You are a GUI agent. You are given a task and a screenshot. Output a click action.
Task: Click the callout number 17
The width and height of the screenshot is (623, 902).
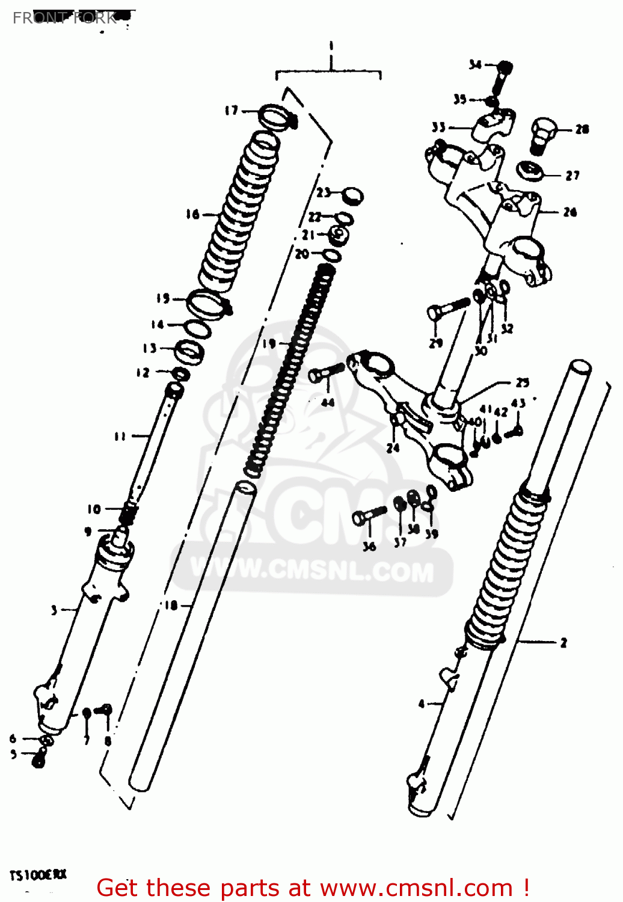(232, 110)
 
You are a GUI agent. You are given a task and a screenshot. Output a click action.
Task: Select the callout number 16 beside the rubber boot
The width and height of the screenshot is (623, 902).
(192, 214)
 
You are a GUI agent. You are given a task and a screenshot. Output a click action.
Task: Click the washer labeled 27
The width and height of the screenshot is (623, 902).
(530, 171)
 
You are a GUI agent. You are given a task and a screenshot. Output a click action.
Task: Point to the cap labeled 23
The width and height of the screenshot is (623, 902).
(352, 195)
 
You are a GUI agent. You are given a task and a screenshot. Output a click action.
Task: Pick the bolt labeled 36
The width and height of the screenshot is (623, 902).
(367, 516)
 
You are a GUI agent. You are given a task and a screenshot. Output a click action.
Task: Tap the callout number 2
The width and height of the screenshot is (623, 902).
(563, 643)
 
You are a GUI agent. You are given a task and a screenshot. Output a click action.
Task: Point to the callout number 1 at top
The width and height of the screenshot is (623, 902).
(331, 46)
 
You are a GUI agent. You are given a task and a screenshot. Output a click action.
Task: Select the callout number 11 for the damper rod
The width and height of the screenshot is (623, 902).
(120, 436)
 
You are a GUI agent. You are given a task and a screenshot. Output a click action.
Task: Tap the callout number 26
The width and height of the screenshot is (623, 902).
(569, 212)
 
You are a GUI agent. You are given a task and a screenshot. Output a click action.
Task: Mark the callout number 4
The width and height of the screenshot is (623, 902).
(422, 703)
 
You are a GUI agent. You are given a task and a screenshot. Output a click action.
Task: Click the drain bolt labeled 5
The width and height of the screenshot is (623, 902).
(38, 761)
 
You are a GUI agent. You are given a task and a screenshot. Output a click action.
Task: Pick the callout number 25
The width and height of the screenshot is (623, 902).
(522, 382)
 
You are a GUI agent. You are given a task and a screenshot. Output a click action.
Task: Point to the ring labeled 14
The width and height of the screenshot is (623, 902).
(197, 329)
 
